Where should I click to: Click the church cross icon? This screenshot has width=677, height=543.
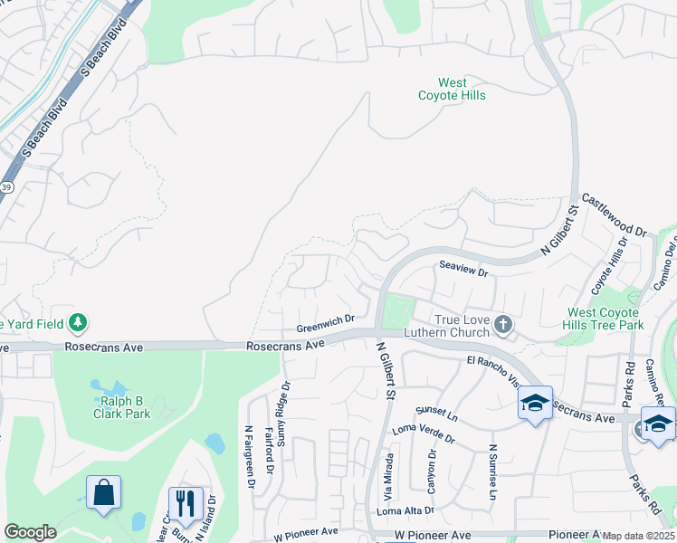505,322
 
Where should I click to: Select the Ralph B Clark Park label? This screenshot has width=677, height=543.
121,407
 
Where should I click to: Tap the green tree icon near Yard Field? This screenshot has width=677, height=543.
79,322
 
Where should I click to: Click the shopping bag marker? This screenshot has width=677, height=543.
103,494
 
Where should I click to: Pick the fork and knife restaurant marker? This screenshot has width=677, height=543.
186,502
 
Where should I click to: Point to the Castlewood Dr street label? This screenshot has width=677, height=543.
614,214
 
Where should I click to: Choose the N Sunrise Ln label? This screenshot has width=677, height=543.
493,471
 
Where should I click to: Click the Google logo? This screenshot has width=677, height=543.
30,532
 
